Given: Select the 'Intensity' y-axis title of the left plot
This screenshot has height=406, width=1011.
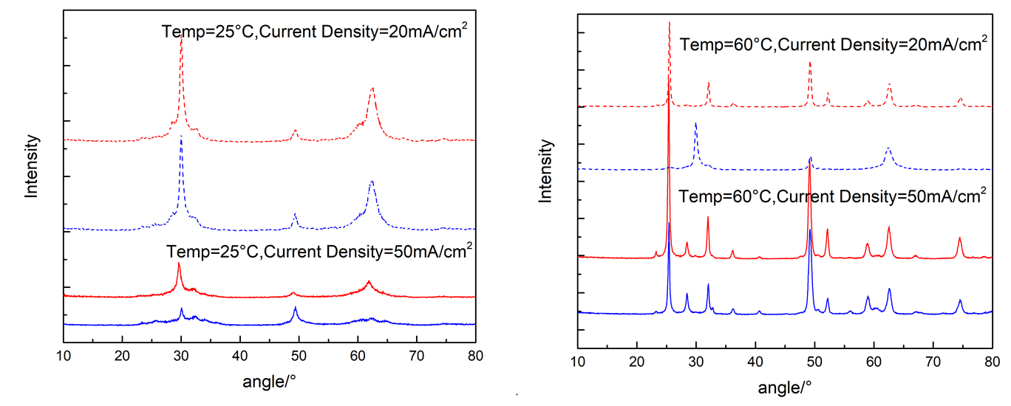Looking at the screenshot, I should click(x=32, y=165).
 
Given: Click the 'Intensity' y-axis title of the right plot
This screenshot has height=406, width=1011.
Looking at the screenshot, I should click(x=545, y=171).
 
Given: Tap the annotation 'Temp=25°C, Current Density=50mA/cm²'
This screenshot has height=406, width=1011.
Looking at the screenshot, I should click(x=320, y=249).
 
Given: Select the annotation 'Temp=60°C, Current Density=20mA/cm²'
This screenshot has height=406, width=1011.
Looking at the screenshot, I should click(x=834, y=44).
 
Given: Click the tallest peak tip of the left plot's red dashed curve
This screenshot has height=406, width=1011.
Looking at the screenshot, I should click(x=181, y=37).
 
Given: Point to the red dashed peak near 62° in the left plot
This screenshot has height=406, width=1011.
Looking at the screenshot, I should click(x=372, y=88).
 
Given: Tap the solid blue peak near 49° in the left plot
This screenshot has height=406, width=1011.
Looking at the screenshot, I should click(x=296, y=307).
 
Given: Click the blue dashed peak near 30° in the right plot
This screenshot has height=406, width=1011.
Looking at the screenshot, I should click(x=695, y=123).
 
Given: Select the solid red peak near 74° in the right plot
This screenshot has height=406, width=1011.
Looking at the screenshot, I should click(x=959, y=238).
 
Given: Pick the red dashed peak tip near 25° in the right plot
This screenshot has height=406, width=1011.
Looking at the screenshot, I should click(x=669, y=22).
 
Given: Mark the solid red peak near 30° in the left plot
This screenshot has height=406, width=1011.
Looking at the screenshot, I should click(x=179, y=264).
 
